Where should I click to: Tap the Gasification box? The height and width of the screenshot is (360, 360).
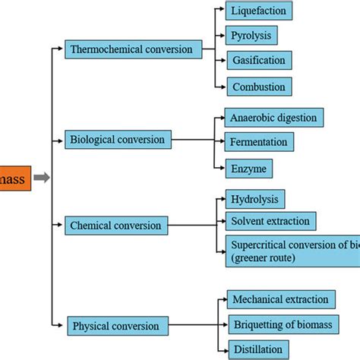[258, 60]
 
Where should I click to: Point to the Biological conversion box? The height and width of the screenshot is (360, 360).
[118, 140]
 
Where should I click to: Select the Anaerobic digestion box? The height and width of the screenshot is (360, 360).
[274, 118]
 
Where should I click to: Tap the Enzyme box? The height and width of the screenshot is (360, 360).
[248, 168]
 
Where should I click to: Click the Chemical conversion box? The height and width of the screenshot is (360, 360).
[116, 226]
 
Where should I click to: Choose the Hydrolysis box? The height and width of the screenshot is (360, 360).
[255, 199]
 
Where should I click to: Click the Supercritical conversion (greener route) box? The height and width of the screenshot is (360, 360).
[292, 249]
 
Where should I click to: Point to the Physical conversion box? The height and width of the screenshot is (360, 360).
[116, 327]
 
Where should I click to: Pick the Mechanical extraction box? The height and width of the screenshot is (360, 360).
[282, 300]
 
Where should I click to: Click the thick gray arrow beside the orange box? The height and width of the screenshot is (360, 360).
[42, 178]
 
